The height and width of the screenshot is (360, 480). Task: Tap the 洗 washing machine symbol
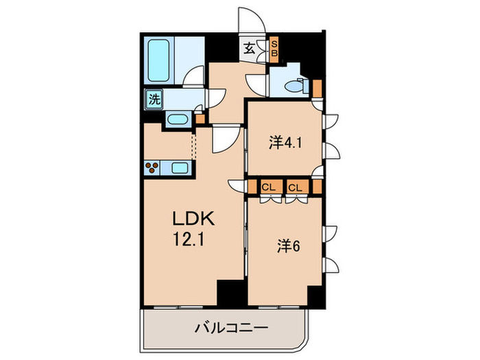(154, 99)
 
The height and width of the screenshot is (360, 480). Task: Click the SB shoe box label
(273, 48)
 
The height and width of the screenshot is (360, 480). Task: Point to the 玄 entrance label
(250, 49)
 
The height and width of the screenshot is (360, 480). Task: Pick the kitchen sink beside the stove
(181, 168)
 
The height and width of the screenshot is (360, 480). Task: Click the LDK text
(194, 220)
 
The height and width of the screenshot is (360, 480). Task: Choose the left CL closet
(269, 187)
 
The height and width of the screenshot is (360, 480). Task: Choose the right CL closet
(296, 187)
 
